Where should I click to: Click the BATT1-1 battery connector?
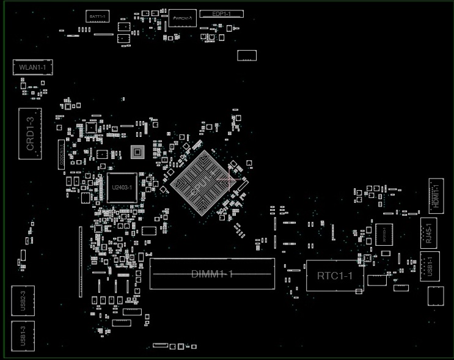(96, 15)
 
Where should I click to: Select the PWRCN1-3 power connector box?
(183, 18)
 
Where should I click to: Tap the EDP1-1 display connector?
(222, 13)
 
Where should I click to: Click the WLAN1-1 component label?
(32, 67)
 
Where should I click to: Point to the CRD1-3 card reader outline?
(30, 134)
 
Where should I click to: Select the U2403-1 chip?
(122, 188)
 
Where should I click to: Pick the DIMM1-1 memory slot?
(212, 273)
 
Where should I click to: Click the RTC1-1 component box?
(334, 276)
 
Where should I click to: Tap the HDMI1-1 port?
(436, 196)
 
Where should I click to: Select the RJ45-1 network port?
(429, 232)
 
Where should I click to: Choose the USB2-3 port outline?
(23, 301)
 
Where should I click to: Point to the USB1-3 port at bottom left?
(23, 336)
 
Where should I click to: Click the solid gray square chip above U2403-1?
(138, 150)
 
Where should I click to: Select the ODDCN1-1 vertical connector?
(80, 262)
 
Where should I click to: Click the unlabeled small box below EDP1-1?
(247, 56)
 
